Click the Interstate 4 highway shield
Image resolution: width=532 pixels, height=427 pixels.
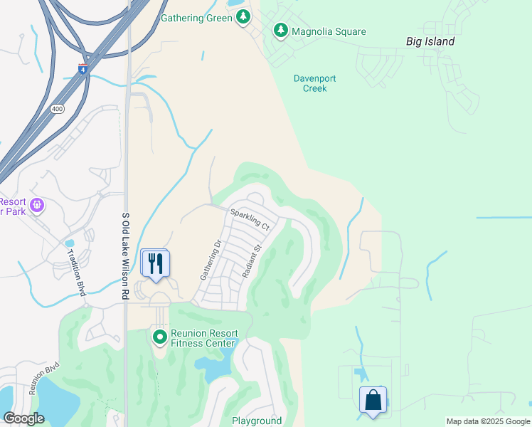click(83, 69)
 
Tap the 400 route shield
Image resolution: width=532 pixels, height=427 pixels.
click(56, 108)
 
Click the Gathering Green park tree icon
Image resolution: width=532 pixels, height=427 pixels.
click(243, 17)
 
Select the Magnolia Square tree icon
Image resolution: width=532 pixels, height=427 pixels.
click(281, 31)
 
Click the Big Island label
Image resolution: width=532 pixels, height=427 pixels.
click(430, 41)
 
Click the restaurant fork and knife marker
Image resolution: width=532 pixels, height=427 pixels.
click(155, 263)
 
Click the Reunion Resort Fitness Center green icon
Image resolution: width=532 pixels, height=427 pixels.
click(159, 335)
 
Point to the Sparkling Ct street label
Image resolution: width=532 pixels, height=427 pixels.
click(250, 220)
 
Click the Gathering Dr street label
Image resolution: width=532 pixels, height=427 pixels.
click(211, 259)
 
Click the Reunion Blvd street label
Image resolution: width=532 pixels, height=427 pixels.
click(43, 379)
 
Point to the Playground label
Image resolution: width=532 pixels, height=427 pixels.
click(257, 421)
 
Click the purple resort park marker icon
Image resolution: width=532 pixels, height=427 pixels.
click(37, 206)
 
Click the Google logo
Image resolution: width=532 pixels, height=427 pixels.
click(24, 418)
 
